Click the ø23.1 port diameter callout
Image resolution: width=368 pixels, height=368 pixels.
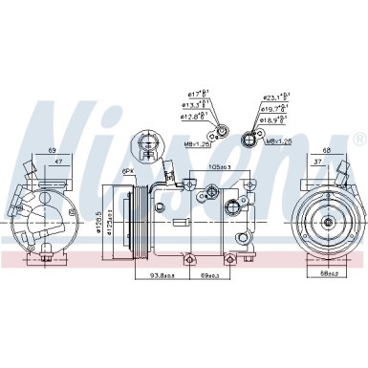point(276,97)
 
